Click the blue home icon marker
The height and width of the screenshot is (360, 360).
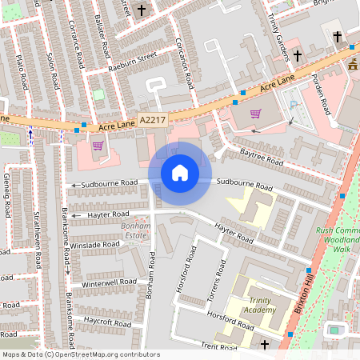[x=180, y=173]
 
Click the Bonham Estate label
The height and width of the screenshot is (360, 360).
[x=125, y=231]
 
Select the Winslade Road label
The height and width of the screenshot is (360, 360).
[x=94, y=244]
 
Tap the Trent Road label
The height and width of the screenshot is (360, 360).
[x=221, y=346]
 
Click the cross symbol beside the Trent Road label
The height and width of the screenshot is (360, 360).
[x=266, y=344]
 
